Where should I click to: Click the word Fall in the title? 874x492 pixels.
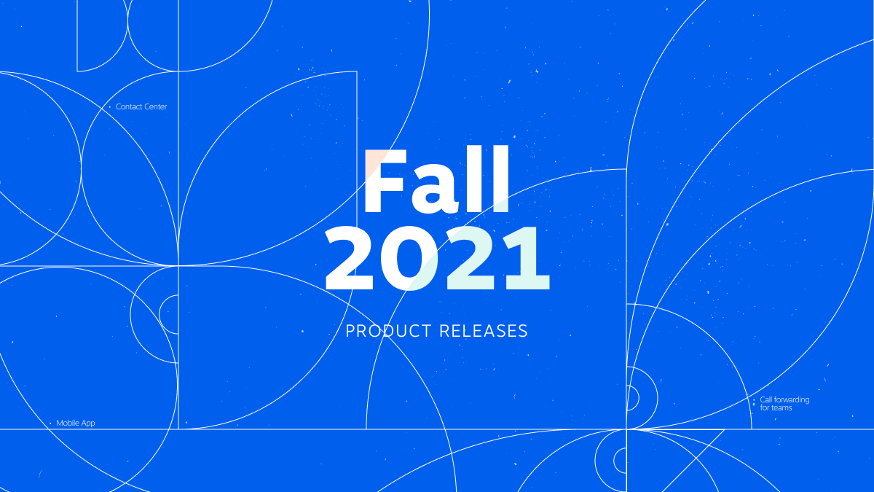pyautogui.click(x=436, y=180)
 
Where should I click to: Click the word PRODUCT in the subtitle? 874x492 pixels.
pyautogui.click(x=388, y=331)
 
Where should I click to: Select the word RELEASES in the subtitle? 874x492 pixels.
pyautogui.click(x=484, y=331)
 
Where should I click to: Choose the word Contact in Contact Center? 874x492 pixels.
pyautogui.click(x=129, y=107)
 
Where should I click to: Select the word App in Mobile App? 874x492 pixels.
pyautogui.click(x=88, y=423)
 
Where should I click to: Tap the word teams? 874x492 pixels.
pyautogui.click(x=782, y=408)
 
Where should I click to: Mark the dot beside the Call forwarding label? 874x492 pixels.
pyautogui.click(x=753, y=399)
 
